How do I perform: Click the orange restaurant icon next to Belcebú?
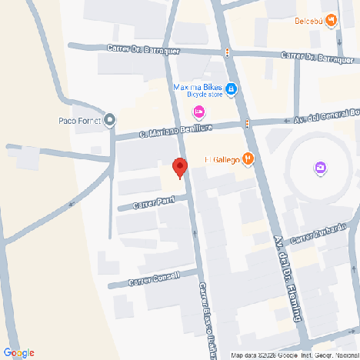pos(331,20)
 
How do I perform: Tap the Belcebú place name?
pos(308,21)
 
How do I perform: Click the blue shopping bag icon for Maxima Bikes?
pos(232,89)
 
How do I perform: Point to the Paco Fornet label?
pos(80,120)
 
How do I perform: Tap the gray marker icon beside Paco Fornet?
pos(110,119)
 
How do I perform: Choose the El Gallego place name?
pos(222,160)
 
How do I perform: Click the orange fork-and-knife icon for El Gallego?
pos(248,159)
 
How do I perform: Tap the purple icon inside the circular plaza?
pos(320,168)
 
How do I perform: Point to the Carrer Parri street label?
pos(154,203)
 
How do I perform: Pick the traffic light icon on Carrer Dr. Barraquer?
pos(227,52)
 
